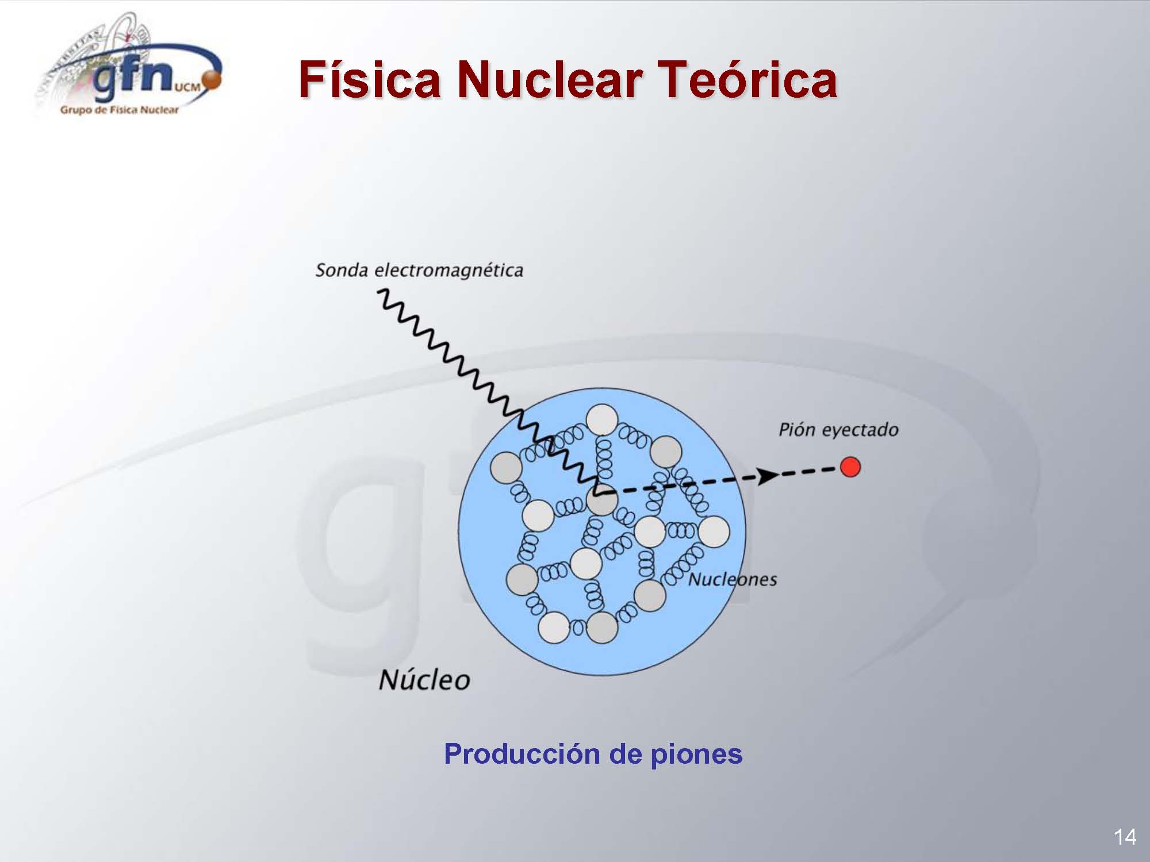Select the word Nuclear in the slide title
point(550,80)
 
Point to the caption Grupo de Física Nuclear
point(119,110)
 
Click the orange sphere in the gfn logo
point(212,81)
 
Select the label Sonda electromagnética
point(419,271)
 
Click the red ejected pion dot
point(850,467)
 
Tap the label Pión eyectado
point(838,430)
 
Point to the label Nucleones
point(733,579)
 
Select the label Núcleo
point(424,680)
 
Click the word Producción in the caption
point(523,754)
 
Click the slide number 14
point(1125,837)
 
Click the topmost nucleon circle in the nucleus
point(601,420)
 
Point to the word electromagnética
point(449,271)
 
